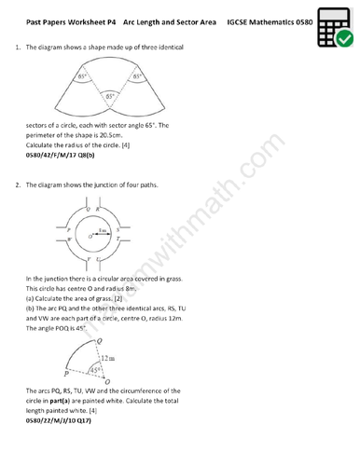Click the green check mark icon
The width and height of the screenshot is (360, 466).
tap(343, 38)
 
